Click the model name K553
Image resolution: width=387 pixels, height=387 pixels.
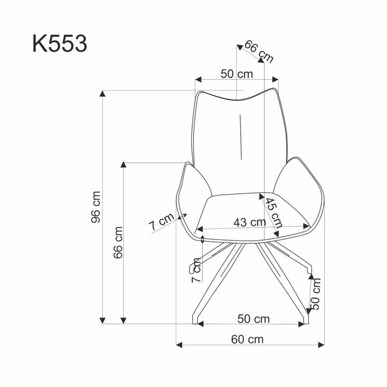click(x=59, y=44)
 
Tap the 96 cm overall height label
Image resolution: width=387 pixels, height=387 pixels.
click(x=96, y=207)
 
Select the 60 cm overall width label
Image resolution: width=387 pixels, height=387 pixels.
click(x=247, y=339)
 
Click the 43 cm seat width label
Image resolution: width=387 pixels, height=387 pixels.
click(x=249, y=222)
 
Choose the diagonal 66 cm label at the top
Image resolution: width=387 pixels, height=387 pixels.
click(x=259, y=51)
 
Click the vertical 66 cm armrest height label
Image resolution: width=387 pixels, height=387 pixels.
click(x=118, y=242)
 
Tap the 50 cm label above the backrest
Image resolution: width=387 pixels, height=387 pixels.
click(x=236, y=74)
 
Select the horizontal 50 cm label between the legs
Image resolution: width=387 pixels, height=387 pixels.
click(x=253, y=318)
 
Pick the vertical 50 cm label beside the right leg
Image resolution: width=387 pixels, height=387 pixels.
click(x=316, y=294)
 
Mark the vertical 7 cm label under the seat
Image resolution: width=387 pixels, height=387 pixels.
click(x=197, y=270)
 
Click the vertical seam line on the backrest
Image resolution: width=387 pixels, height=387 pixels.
click(x=241, y=137)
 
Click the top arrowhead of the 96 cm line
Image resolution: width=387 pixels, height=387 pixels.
click(x=102, y=94)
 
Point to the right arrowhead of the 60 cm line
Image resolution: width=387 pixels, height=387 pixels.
click(x=321, y=345)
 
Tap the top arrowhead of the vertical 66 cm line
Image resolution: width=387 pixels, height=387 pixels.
click(x=123, y=165)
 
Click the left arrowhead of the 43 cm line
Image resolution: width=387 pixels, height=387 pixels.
click(x=200, y=229)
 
